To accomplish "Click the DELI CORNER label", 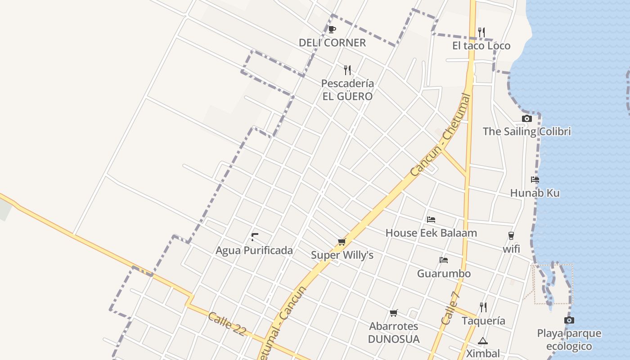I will click(332, 43).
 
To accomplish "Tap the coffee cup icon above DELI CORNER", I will click(332, 30).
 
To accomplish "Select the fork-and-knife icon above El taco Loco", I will click(481, 32).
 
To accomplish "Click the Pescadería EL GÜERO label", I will click(347, 90).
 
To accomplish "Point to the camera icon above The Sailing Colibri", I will click(526, 119).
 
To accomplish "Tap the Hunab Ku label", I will click(535, 193).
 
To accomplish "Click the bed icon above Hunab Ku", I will click(535, 179).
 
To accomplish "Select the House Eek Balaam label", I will click(431, 233).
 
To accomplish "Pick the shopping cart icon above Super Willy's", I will click(342, 242).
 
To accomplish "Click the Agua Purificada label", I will click(254, 251).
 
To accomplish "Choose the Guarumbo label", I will click(444, 274).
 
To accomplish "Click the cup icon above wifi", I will click(511, 235).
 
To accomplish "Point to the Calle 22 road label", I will click(227, 324).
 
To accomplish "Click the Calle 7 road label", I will click(451, 308).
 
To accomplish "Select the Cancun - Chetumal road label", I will click(441, 135).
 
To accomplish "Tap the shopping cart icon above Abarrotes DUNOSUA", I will click(394, 313).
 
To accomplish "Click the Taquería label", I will click(483, 321).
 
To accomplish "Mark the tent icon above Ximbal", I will click(483, 341).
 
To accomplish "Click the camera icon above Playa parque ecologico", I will click(569, 320).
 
